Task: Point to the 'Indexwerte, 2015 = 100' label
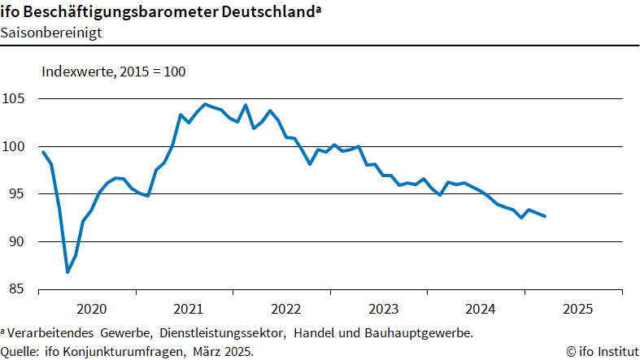114,72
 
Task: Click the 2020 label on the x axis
90,309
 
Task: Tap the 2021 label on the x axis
188,309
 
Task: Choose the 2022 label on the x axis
285,309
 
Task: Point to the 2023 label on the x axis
383,309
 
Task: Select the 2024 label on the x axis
481,309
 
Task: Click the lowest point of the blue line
67,272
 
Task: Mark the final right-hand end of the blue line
545,216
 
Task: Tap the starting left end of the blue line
42,152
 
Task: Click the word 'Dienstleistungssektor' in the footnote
223,333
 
